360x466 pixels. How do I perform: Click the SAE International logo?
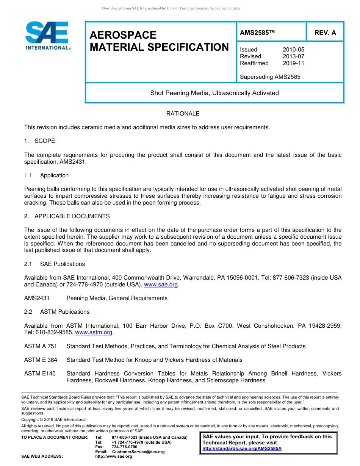coord(48,36)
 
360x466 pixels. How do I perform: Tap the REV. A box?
coord(325,33)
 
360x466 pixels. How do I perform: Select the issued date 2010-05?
coord(293,50)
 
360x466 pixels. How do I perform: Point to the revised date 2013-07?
coord(293,56)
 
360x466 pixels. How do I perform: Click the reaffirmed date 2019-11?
coord(293,63)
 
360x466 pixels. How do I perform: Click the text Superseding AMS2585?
coord(270,77)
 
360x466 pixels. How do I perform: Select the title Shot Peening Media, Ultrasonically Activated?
coord(214,93)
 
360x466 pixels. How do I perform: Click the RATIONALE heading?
coord(183,114)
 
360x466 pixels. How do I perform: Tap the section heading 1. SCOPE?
coord(39,141)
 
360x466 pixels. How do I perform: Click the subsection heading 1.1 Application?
coord(46,175)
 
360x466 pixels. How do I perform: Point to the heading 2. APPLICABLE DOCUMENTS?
coord(67,216)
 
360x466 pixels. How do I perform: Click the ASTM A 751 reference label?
coord(41,346)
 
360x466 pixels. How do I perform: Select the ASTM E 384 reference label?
coord(41,360)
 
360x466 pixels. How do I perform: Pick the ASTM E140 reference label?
coord(40,374)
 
